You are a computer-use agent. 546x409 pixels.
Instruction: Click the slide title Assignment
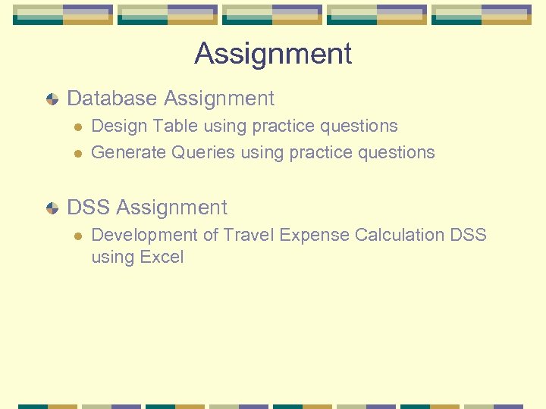click(x=273, y=54)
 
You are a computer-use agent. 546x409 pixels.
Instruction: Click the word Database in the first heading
click(x=112, y=98)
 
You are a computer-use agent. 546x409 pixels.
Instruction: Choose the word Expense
click(x=311, y=236)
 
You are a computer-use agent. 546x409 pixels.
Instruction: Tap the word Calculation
click(x=399, y=235)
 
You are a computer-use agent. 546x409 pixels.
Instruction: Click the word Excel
click(x=162, y=258)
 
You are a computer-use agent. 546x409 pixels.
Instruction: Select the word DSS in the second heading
click(x=89, y=208)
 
